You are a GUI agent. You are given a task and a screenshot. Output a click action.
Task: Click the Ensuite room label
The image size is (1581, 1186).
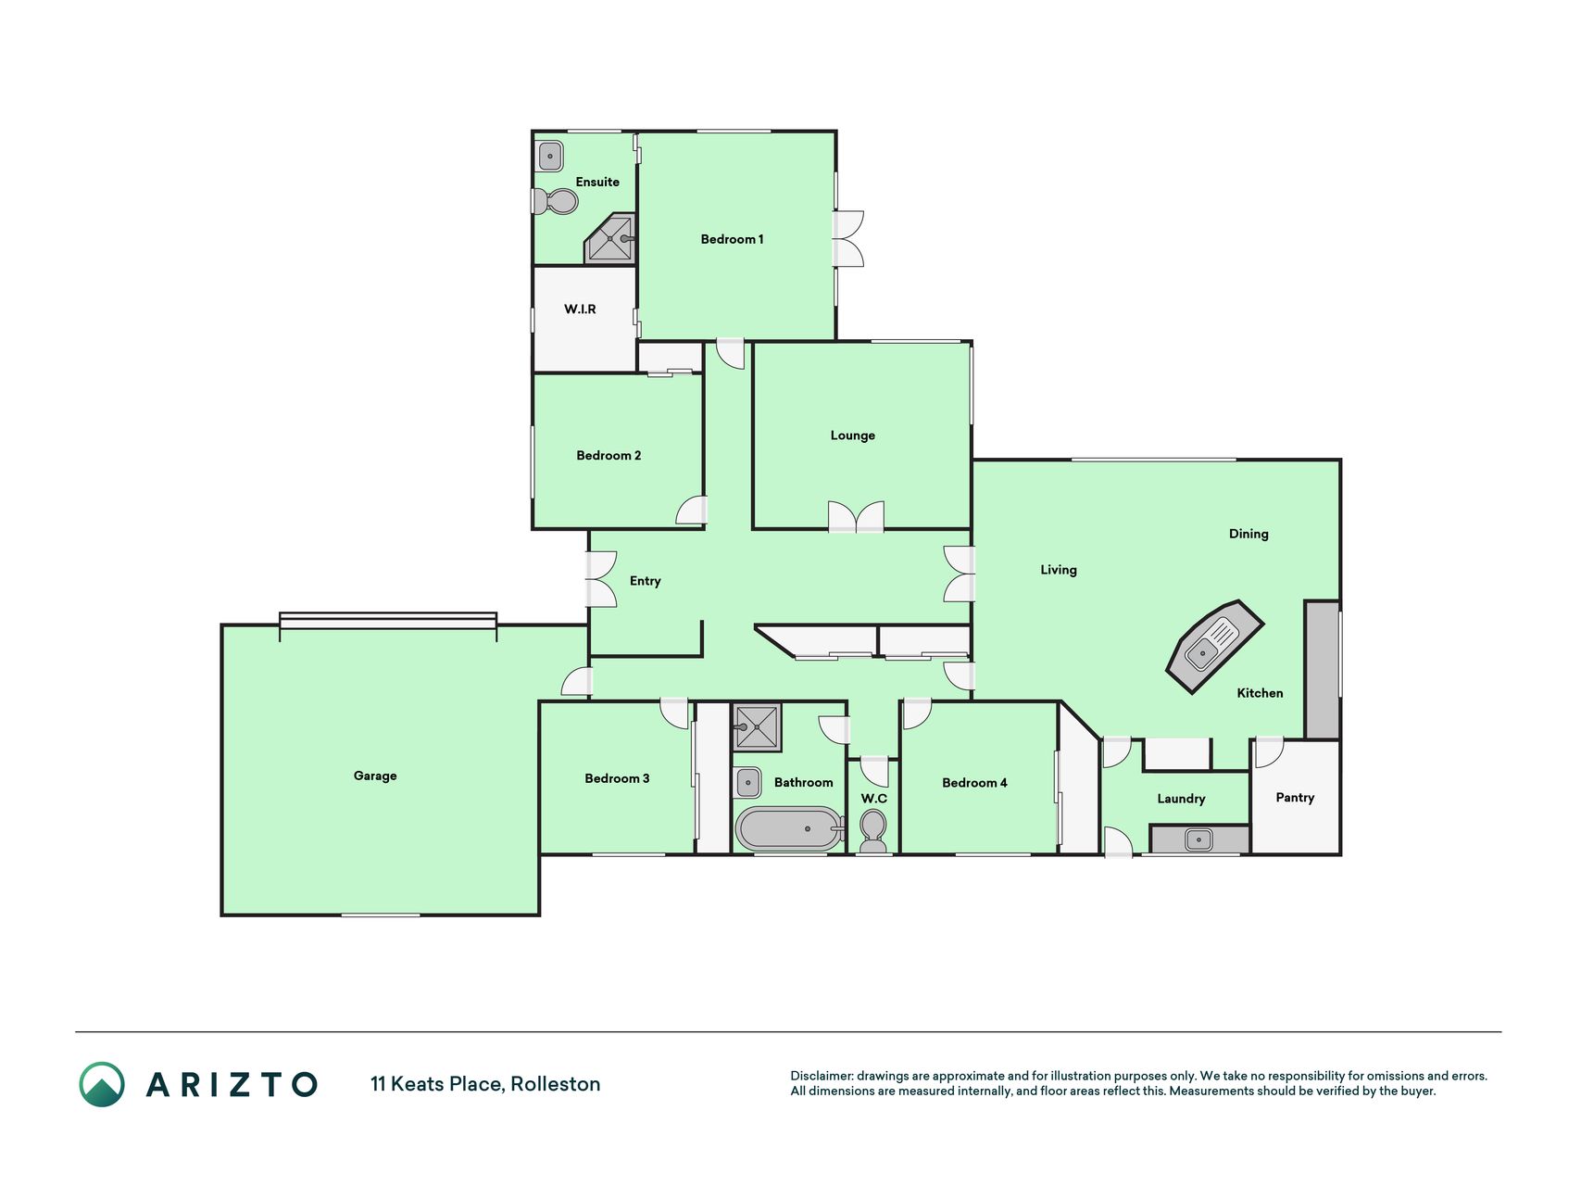(597, 182)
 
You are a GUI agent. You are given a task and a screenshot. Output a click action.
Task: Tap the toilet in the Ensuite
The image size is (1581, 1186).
(556, 200)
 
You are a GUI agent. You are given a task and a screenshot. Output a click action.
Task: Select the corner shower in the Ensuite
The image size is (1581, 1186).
(610, 238)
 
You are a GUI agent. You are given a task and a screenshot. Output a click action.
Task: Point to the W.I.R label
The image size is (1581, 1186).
(580, 309)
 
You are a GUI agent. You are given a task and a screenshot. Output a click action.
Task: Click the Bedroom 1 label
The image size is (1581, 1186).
(732, 239)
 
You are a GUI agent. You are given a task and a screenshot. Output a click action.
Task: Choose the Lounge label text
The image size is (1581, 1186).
(852, 435)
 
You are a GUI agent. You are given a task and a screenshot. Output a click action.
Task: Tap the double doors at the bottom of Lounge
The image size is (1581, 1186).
(856, 516)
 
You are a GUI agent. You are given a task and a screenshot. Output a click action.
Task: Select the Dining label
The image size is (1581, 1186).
(1248, 534)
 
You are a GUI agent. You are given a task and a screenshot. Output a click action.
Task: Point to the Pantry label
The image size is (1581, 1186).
(1295, 798)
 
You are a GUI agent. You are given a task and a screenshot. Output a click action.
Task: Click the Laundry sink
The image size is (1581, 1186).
(1198, 840)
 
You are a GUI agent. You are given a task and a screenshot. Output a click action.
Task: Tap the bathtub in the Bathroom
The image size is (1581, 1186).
(789, 828)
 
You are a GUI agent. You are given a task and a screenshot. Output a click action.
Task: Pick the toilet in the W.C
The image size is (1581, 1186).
(872, 830)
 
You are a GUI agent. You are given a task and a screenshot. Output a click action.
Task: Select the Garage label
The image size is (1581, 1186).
(375, 776)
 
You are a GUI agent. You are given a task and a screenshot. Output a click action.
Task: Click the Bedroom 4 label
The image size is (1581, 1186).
(974, 783)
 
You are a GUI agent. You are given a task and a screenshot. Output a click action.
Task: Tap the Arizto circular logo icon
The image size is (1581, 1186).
(102, 1084)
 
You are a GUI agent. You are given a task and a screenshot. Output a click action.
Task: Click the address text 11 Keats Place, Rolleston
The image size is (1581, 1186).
(485, 1084)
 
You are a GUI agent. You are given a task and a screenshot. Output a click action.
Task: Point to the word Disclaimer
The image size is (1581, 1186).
(822, 1076)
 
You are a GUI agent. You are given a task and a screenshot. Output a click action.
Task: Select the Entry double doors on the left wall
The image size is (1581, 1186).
(600, 580)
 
